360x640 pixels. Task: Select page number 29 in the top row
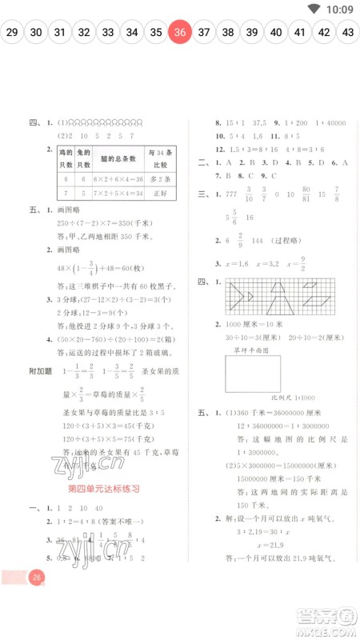point(12,33)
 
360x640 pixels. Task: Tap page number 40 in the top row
point(276,33)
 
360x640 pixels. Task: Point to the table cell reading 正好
point(162,194)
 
